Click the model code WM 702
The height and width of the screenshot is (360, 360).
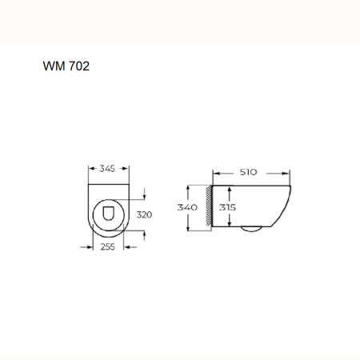point(66,66)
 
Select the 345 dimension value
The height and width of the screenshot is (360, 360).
point(108,169)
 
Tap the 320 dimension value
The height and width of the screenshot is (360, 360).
point(145,214)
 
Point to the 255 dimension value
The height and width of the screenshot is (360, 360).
point(108,247)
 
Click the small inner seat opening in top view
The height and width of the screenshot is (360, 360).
point(108,214)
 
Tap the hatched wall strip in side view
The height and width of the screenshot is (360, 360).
point(210,207)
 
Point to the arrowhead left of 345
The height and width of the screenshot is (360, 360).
point(90,169)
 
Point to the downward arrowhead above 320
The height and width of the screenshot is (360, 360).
point(145,194)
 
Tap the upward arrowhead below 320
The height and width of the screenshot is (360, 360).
point(145,233)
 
